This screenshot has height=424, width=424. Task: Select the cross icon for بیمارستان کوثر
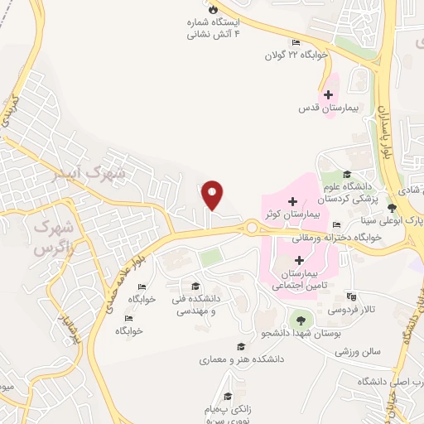pos(292,200)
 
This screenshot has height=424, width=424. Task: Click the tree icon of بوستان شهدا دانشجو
pos(299,319)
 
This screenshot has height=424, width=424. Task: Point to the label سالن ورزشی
pos(357,351)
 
